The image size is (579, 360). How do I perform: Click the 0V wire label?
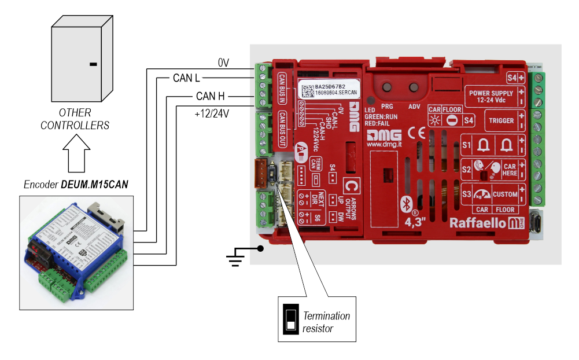224,63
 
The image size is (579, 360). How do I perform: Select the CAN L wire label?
186,77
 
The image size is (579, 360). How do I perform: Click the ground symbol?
234,259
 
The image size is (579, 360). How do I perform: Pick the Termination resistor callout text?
326,322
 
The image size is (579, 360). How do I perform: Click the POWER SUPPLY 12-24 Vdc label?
491,96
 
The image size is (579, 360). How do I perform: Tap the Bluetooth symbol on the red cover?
405,203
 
